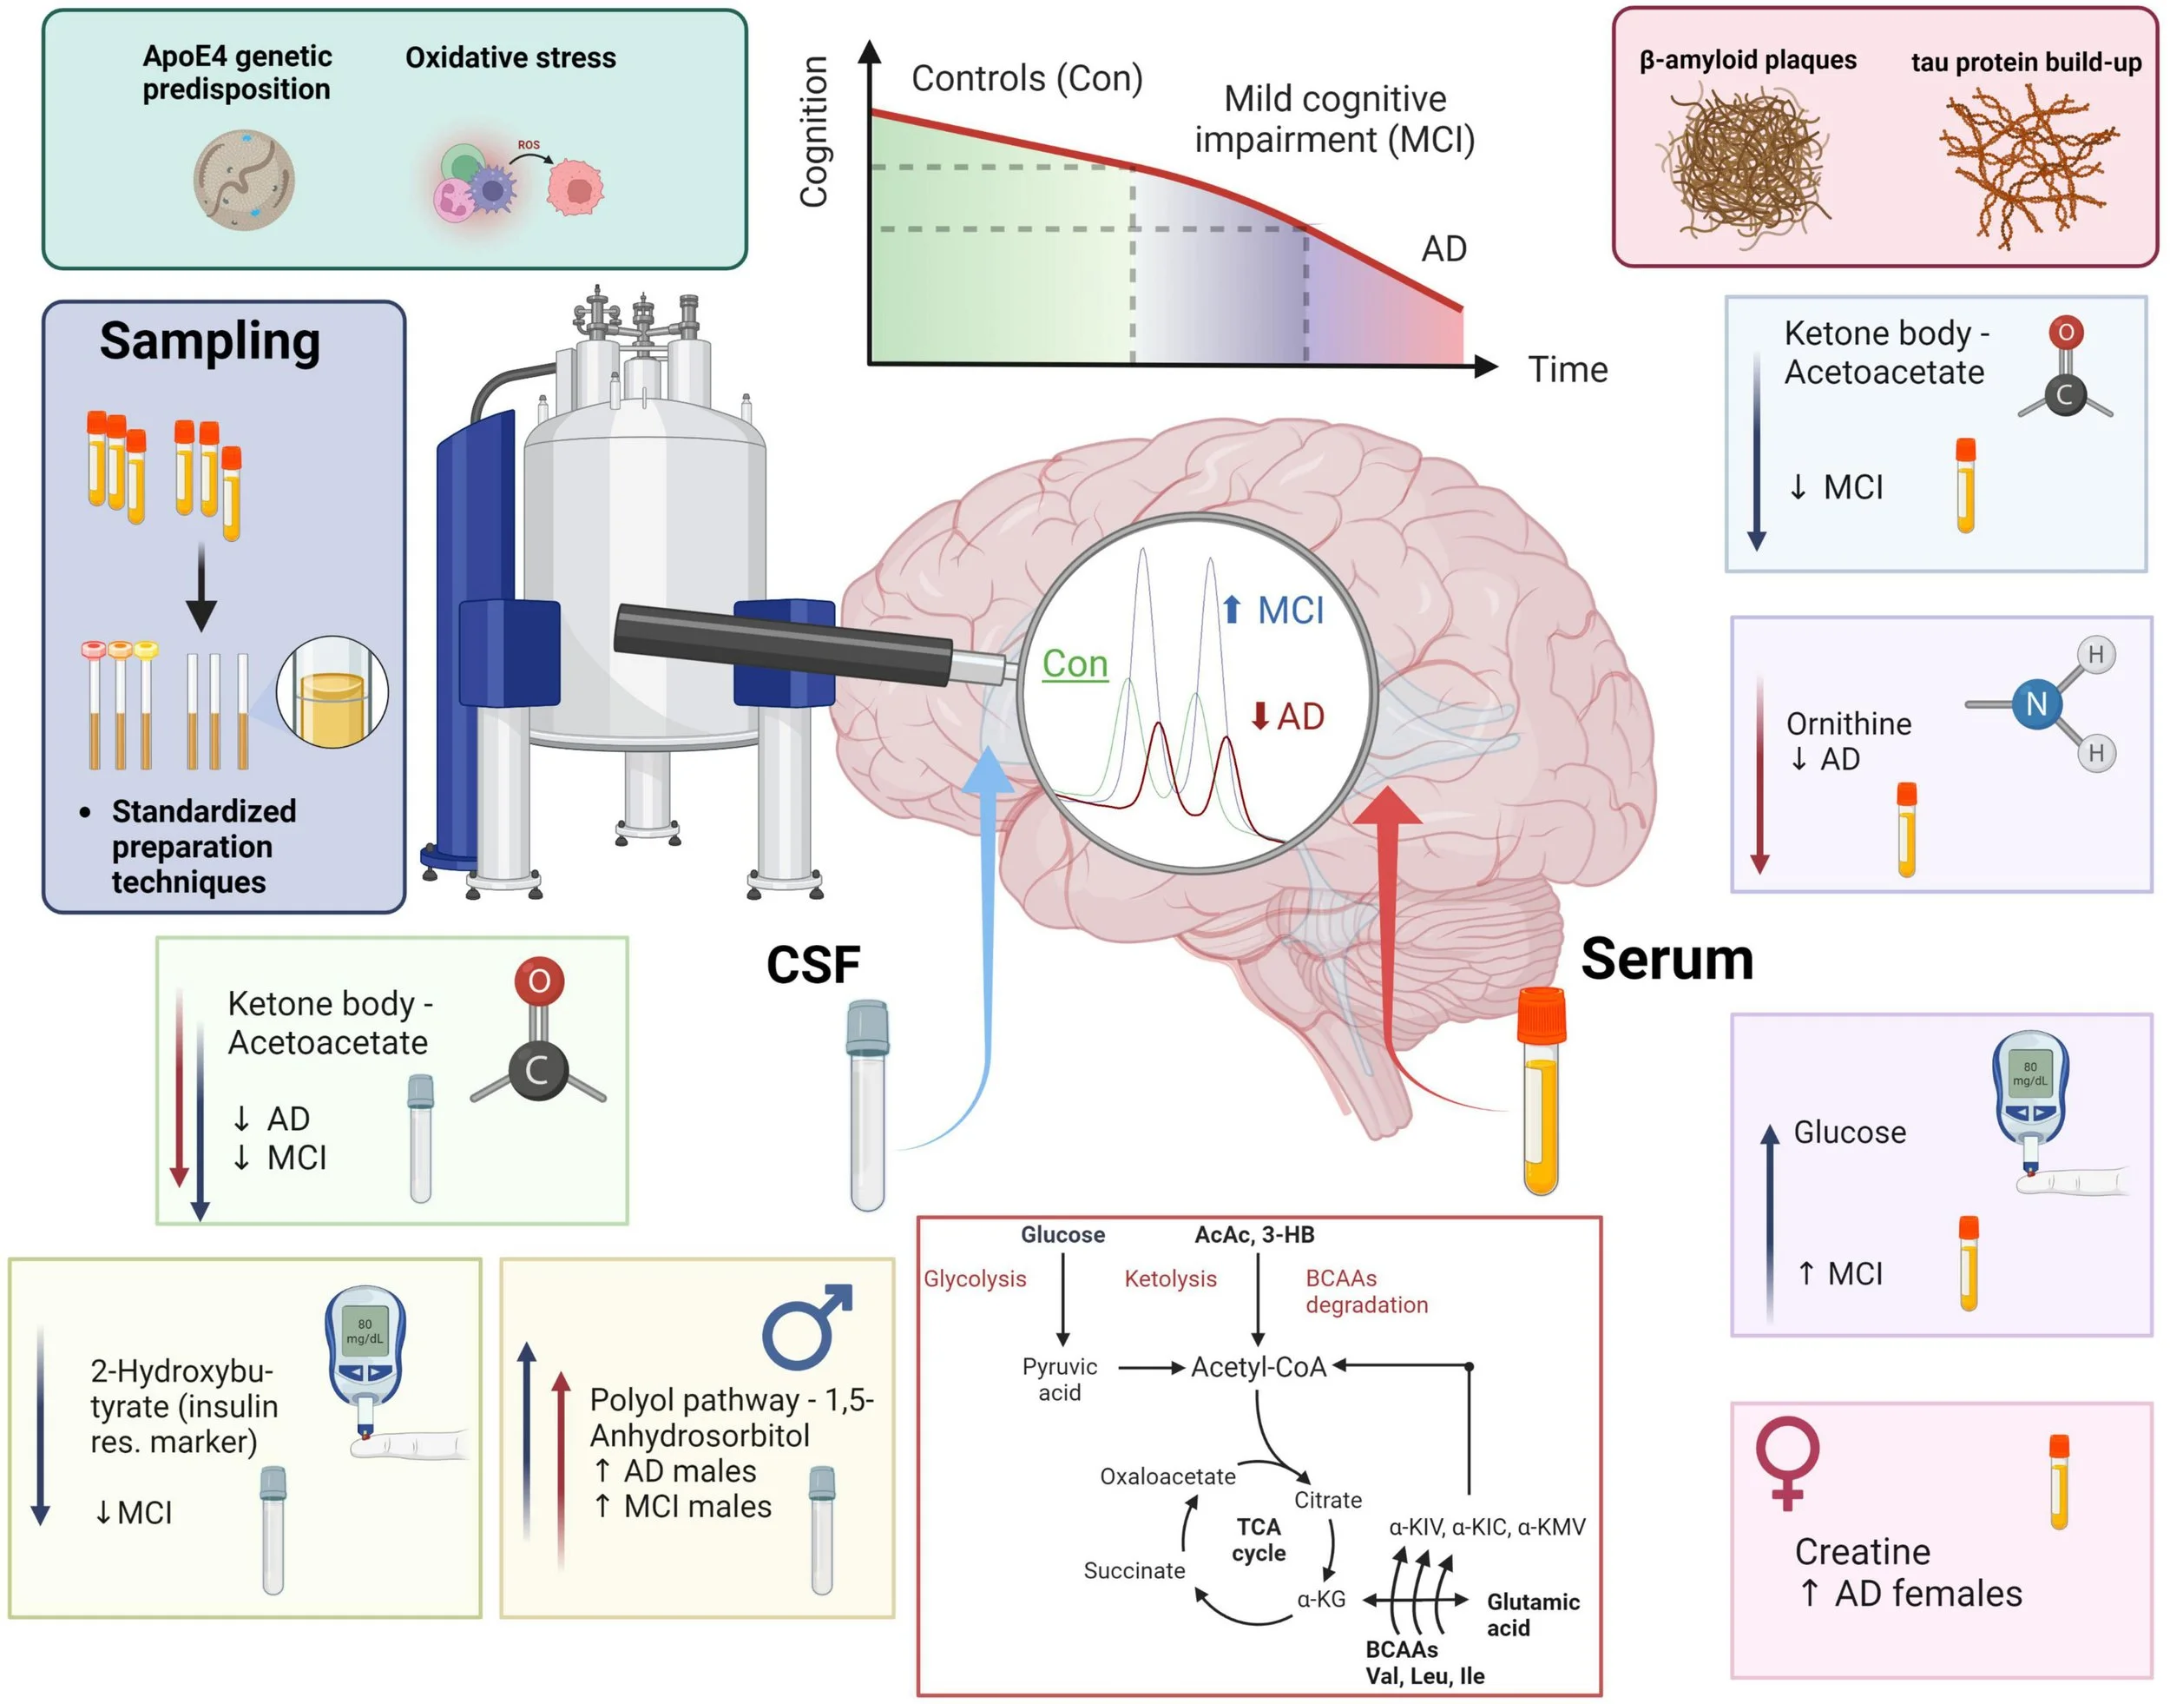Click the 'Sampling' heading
click(209, 341)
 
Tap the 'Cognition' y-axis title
click(814, 132)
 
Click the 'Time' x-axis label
click(1567, 370)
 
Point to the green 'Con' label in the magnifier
click(1074, 664)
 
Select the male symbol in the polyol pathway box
click(806, 1326)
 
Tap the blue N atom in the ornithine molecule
click(2035, 703)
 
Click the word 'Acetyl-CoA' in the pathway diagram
click(1258, 1367)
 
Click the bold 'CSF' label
click(812, 965)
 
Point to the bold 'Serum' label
click(1667, 960)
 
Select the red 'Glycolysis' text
click(973, 1279)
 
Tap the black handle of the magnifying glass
click(783, 644)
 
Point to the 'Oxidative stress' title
click(510, 58)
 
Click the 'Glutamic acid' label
click(1532, 1615)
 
